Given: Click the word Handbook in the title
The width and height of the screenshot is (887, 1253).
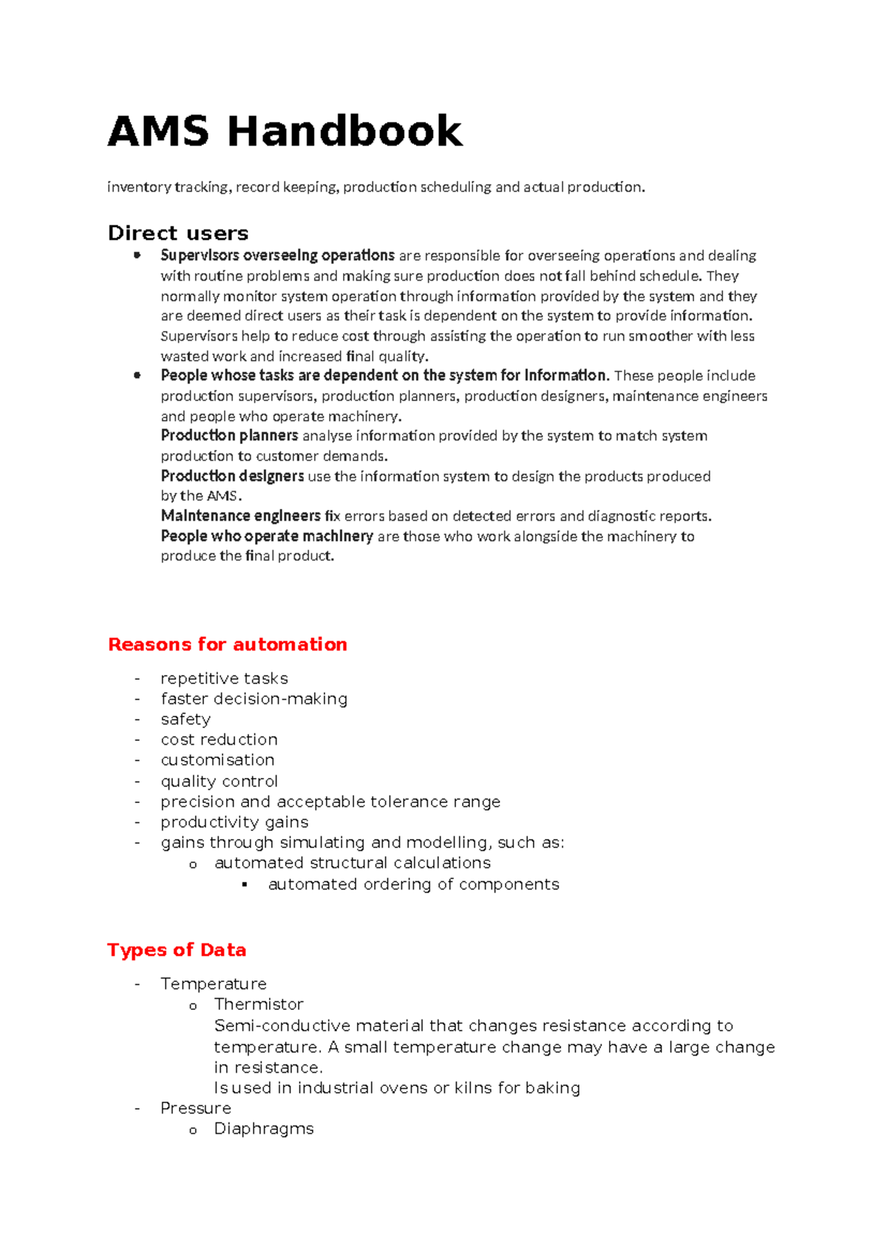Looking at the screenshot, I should coord(344,132).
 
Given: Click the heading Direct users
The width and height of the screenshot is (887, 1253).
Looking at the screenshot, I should coord(178,233).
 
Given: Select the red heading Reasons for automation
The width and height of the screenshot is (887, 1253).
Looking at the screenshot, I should coord(228,644).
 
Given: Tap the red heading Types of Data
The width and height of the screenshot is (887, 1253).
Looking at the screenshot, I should coord(177,950).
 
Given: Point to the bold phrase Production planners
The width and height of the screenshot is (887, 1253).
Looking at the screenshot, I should coord(229,436).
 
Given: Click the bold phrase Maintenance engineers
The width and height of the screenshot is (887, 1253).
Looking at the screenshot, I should coord(240,516).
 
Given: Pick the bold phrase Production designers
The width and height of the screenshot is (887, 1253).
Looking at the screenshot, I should coord(232,476).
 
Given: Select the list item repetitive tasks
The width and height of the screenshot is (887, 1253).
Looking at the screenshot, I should coord(224,678).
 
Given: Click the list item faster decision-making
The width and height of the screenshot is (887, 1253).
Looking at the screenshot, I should coord(254,699).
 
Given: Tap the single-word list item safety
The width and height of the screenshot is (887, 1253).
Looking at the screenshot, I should coord(186,720).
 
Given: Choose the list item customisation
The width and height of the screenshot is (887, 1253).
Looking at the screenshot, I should coord(217,760).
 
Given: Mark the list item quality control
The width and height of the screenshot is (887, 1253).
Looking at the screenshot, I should coord(219,782).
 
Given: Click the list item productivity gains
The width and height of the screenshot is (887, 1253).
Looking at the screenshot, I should coord(234,822).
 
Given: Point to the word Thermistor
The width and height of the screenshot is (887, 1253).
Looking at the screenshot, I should coord(259,1005).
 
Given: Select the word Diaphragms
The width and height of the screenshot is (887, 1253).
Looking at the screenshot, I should coord(264,1129).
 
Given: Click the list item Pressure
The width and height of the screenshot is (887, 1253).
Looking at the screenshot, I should coord(196,1108).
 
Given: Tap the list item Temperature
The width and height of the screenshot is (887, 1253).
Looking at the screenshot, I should coord(214,984).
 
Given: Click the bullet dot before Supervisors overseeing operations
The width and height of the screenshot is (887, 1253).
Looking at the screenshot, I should coord(137,256).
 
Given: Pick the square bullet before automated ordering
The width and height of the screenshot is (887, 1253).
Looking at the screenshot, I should coord(245,885).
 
